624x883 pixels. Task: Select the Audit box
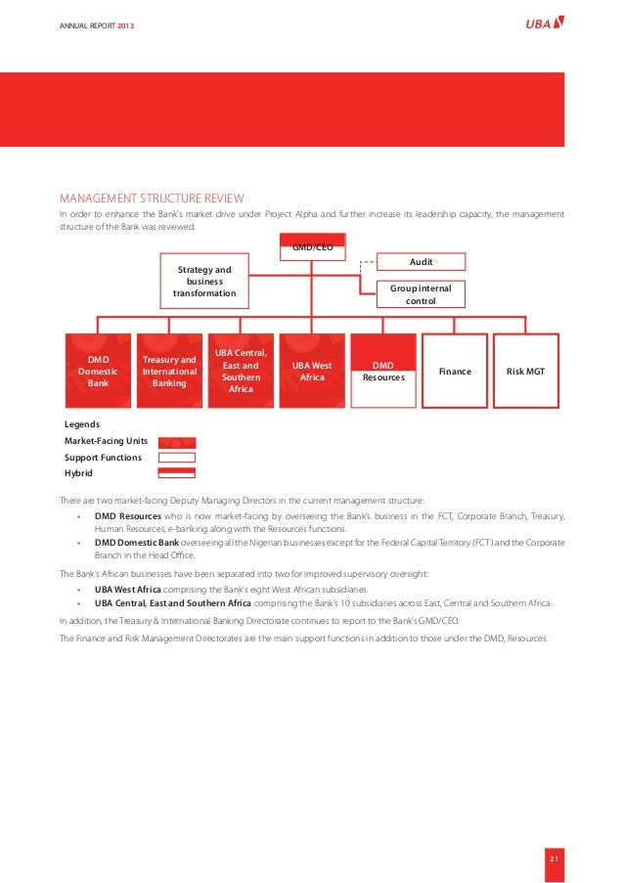click(421, 261)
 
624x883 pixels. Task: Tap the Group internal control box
click(421, 294)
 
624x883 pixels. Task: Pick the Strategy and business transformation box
click(204, 281)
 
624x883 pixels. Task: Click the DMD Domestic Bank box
click(98, 372)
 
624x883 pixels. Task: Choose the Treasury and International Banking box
click(169, 372)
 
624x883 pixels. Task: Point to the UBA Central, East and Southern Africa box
click(241, 372)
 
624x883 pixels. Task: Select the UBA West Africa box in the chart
click(312, 372)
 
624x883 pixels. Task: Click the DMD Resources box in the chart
click(383, 372)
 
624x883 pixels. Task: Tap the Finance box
click(455, 372)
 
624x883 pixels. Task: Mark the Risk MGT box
click(526, 372)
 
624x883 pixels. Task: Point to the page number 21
click(554, 860)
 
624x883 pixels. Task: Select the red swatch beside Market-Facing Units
click(177, 442)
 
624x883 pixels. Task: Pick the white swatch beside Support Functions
click(177, 458)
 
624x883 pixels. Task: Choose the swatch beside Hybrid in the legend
click(177, 473)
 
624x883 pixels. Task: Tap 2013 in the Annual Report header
click(126, 23)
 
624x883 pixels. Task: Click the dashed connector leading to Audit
click(364, 262)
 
